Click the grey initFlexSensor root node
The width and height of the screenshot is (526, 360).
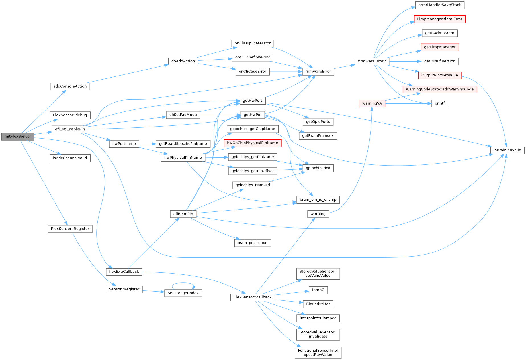[x=18, y=137]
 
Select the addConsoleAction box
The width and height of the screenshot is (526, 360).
[x=70, y=86]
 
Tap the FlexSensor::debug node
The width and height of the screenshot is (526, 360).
[x=70, y=115]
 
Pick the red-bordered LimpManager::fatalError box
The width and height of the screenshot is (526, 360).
[x=439, y=19]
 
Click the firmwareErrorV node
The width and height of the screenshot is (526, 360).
[x=372, y=61]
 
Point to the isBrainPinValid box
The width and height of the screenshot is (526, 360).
[x=507, y=150]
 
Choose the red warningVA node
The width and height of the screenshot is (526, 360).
[x=372, y=103]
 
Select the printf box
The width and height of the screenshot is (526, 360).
[x=439, y=103]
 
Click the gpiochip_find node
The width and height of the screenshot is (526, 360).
[x=318, y=168]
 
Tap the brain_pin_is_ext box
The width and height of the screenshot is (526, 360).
[x=252, y=243]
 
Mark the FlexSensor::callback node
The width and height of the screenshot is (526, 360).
[x=252, y=297]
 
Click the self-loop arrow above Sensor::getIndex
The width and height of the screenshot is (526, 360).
[x=183, y=283]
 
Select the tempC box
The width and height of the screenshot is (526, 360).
[x=318, y=290]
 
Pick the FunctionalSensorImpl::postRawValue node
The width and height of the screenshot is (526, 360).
[x=318, y=353]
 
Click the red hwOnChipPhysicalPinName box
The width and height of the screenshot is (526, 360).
[x=252, y=143]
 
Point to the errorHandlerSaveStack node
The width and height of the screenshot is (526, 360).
[x=439, y=5]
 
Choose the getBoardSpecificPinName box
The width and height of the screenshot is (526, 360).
[x=183, y=144]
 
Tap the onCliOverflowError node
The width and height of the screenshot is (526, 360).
[x=252, y=57]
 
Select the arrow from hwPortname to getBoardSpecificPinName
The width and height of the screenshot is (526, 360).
[x=147, y=144]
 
